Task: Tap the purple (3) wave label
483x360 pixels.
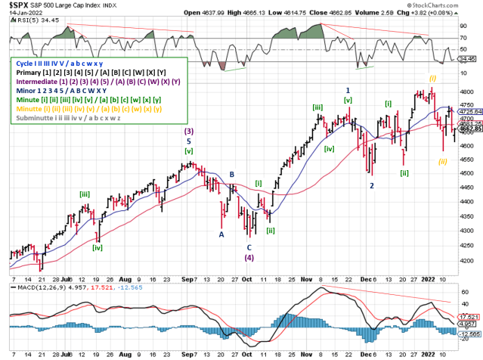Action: click(x=188, y=131)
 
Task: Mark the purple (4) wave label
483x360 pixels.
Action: click(x=249, y=257)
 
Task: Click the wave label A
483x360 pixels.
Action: click(x=221, y=234)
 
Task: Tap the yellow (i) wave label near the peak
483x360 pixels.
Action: click(x=432, y=78)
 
